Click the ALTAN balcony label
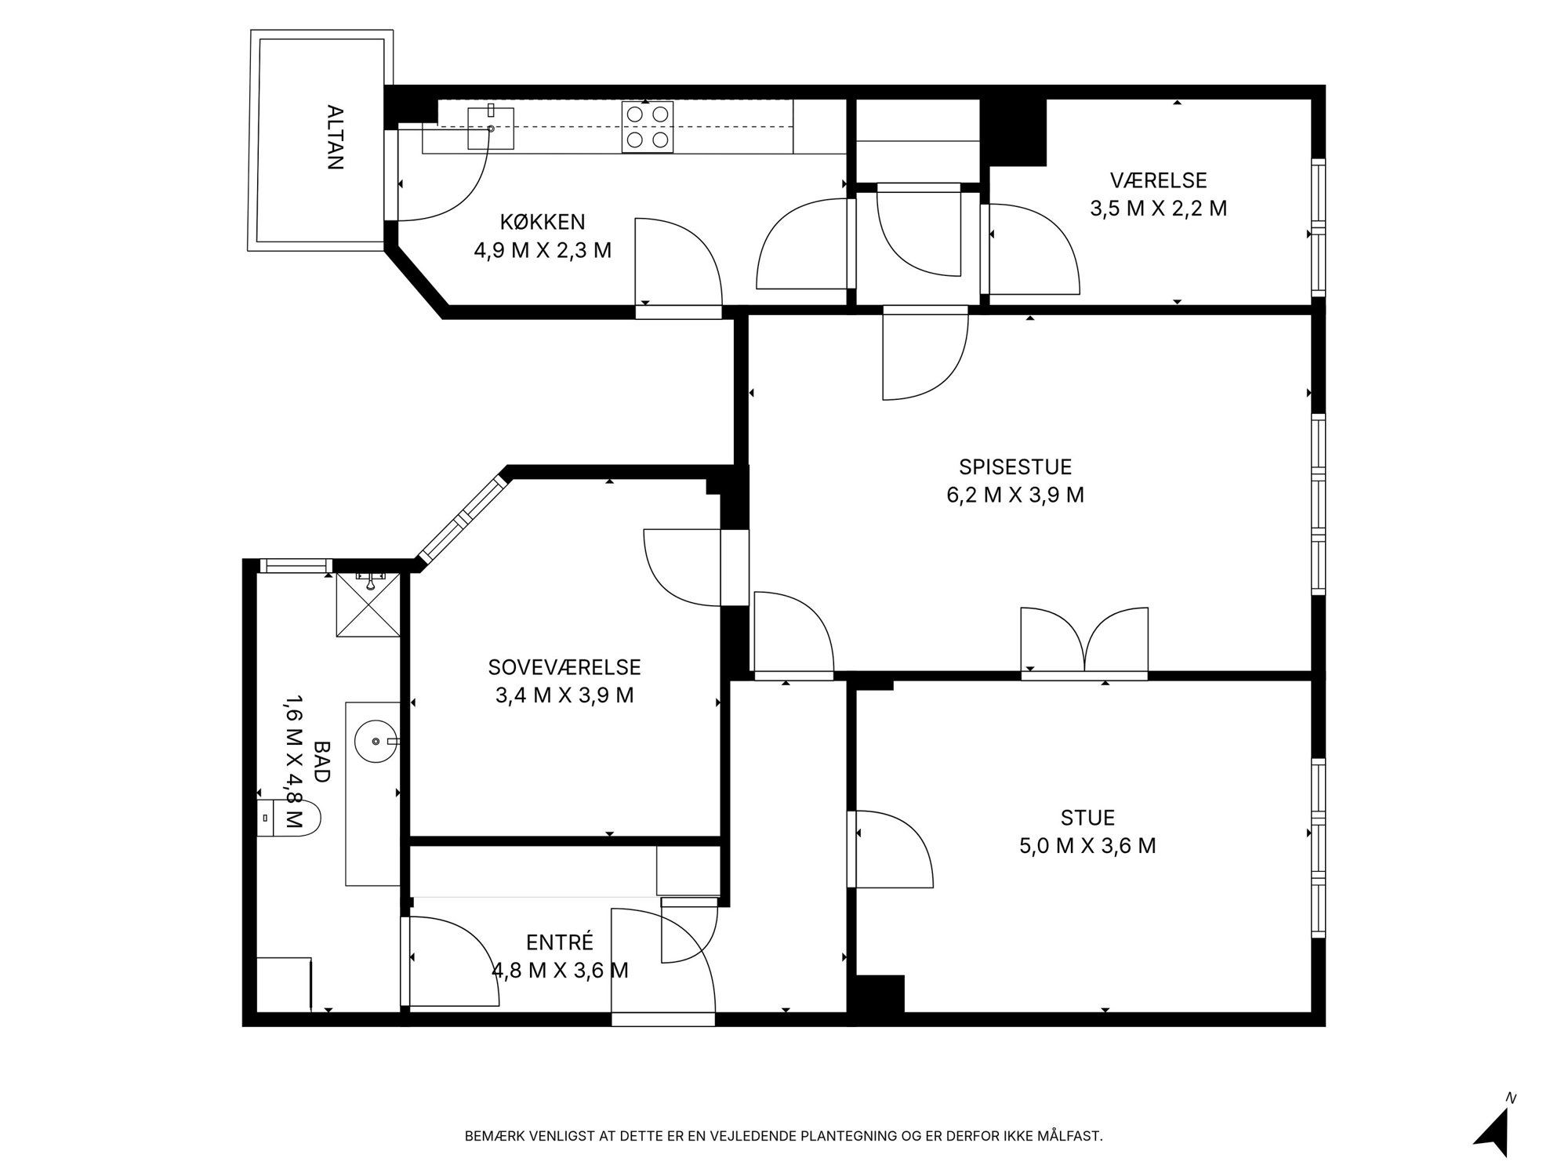[x=336, y=137]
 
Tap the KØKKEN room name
[x=543, y=222]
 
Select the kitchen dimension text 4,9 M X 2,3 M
[x=543, y=251]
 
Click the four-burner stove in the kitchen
[x=648, y=127]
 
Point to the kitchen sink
[x=491, y=128]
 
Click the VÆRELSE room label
[x=1158, y=180]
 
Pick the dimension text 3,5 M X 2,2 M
[x=1158, y=209]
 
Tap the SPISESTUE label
[x=1015, y=467]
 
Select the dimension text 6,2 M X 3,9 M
[x=1015, y=495]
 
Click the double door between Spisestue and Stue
[x=1084, y=643]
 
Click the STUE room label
[x=1087, y=818]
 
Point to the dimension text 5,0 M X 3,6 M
[x=1087, y=847]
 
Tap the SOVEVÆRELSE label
[x=564, y=667]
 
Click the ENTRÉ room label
[x=560, y=942]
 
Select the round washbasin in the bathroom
[x=377, y=740]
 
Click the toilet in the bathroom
[x=289, y=818]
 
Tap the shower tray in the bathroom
[x=368, y=605]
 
